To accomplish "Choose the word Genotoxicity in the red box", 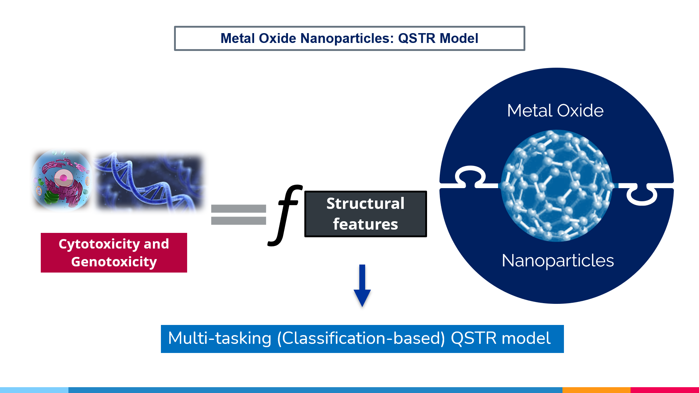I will point(114,262).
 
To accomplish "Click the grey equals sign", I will point(238,214).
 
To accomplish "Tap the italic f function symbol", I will point(286,215).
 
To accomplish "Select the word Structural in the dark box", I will point(365,203).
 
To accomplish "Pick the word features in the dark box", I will point(365,224).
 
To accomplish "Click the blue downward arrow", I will point(362,286).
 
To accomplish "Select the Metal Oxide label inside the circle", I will point(555,111).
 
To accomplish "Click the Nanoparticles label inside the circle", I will point(558,261).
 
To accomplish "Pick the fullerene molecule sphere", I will point(556,186).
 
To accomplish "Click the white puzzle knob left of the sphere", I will point(470,176).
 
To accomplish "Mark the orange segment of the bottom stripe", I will point(596,390).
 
